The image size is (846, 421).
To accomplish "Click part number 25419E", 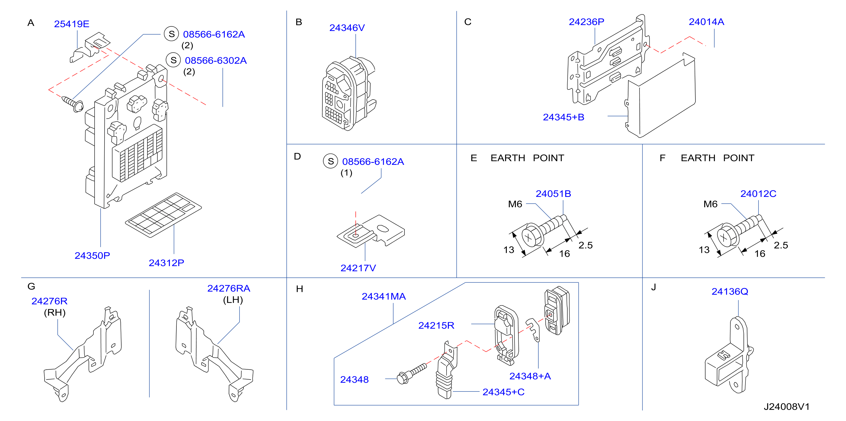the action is (72, 24).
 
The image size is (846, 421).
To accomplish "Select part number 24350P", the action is (92, 255).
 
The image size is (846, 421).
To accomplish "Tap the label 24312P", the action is (166, 263).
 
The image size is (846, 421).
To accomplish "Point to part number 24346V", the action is (347, 28).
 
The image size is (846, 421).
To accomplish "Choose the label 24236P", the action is (587, 22).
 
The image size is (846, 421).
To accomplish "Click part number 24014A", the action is (707, 22).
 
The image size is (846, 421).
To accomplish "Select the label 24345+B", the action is (564, 117).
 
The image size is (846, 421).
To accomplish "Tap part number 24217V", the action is (358, 268).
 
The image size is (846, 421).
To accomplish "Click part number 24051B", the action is (553, 194).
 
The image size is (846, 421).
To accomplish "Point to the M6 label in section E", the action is (515, 204).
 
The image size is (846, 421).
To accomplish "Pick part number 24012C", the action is (758, 194).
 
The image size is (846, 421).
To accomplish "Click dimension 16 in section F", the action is (760, 253).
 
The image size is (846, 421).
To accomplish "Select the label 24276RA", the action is (229, 288).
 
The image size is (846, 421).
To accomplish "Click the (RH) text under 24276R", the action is (55, 312).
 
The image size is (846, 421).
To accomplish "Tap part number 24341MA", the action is (384, 296).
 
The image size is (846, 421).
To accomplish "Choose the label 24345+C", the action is (503, 392).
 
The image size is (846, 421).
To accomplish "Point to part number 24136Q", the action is (730, 291).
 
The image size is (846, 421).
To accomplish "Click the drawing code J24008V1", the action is (787, 407).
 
